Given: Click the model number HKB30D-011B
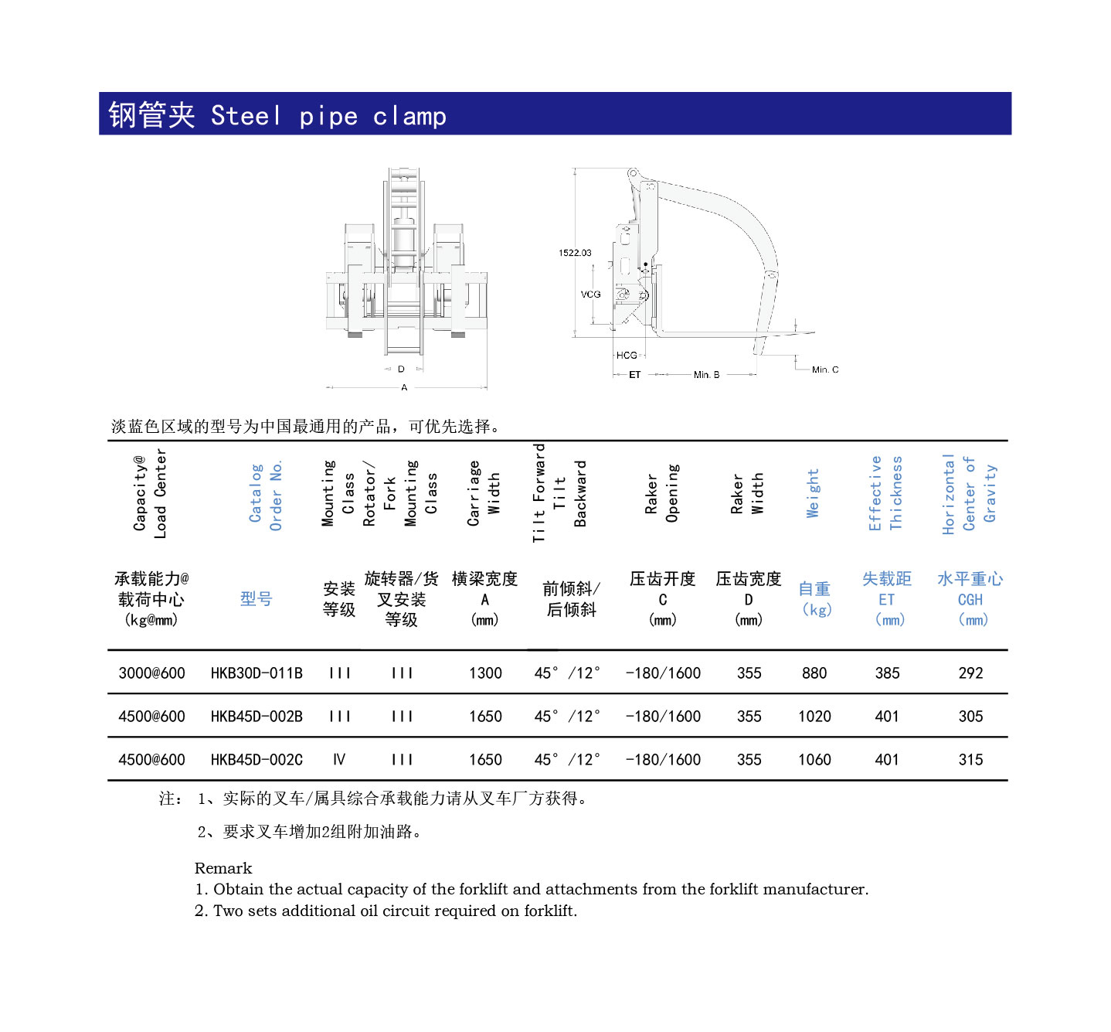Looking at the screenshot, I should pyautogui.click(x=257, y=673).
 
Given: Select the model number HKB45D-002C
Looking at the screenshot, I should pyautogui.click(x=257, y=760).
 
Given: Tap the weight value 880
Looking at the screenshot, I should pyautogui.click(x=814, y=673).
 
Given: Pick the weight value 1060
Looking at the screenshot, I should pyautogui.click(x=814, y=760).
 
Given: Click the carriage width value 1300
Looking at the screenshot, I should pyautogui.click(x=485, y=673).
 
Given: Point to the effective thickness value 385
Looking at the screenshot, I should pyautogui.click(x=887, y=673).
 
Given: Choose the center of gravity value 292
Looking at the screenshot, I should pyautogui.click(x=970, y=673).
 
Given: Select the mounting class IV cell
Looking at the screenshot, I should pyautogui.click(x=339, y=760).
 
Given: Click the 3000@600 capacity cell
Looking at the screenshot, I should pyautogui.click(x=151, y=673).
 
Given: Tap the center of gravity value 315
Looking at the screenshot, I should pyautogui.click(x=970, y=760).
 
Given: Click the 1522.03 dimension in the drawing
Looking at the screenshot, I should pyautogui.click(x=575, y=253).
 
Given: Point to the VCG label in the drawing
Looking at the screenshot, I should pyautogui.click(x=590, y=295).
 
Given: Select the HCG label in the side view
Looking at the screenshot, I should pyautogui.click(x=627, y=356).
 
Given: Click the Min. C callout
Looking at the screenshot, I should pyautogui.click(x=824, y=370).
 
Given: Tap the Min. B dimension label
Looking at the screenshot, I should pyautogui.click(x=706, y=375).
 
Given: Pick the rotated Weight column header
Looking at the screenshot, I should pyautogui.click(x=813, y=493).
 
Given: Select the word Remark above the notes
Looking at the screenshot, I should pyautogui.click(x=223, y=868).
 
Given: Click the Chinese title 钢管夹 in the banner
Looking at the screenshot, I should pyautogui.click(x=151, y=115).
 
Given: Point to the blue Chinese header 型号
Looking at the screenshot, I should pyautogui.click(x=256, y=599).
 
